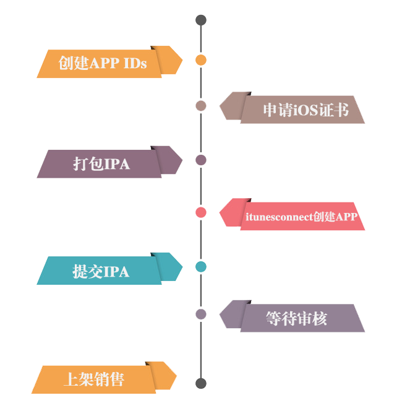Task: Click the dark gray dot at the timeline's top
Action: point(200,20)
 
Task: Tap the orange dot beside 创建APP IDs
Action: point(200,60)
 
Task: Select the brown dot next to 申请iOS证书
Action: point(200,106)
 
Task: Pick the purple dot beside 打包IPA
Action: point(200,160)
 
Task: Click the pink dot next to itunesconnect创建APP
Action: point(200,212)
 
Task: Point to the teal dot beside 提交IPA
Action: point(200,267)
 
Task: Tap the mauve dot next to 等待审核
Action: point(200,314)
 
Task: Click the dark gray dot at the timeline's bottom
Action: point(200,384)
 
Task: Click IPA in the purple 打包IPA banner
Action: point(117,164)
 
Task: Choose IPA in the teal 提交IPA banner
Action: point(116,271)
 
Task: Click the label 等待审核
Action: point(296,318)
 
